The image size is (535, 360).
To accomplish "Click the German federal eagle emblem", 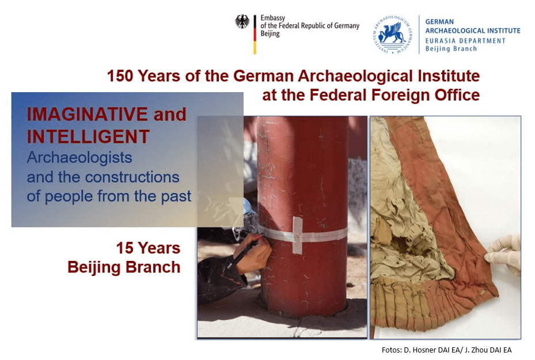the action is (x=242, y=21).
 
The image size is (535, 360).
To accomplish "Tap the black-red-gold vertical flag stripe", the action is (x=255, y=35).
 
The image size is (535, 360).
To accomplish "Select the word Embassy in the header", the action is (x=272, y=18).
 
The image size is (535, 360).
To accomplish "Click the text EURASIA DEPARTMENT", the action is (x=465, y=40).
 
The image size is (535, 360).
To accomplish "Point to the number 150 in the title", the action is (x=120, y=76).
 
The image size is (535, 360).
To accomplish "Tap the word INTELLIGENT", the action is (x=88, y=137).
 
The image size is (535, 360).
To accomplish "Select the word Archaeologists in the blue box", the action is (x=79, y=158).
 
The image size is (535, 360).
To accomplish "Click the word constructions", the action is (x=132, y=177).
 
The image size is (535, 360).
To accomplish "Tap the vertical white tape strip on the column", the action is (x=298, y=235).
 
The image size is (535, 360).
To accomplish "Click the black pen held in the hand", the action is (x=244, y=254).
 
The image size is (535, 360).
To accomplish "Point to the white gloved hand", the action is (x=504, y=252).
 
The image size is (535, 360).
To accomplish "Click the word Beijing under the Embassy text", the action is (x=270, y=34).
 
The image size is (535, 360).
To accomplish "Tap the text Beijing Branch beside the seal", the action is (x=451, y=48).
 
